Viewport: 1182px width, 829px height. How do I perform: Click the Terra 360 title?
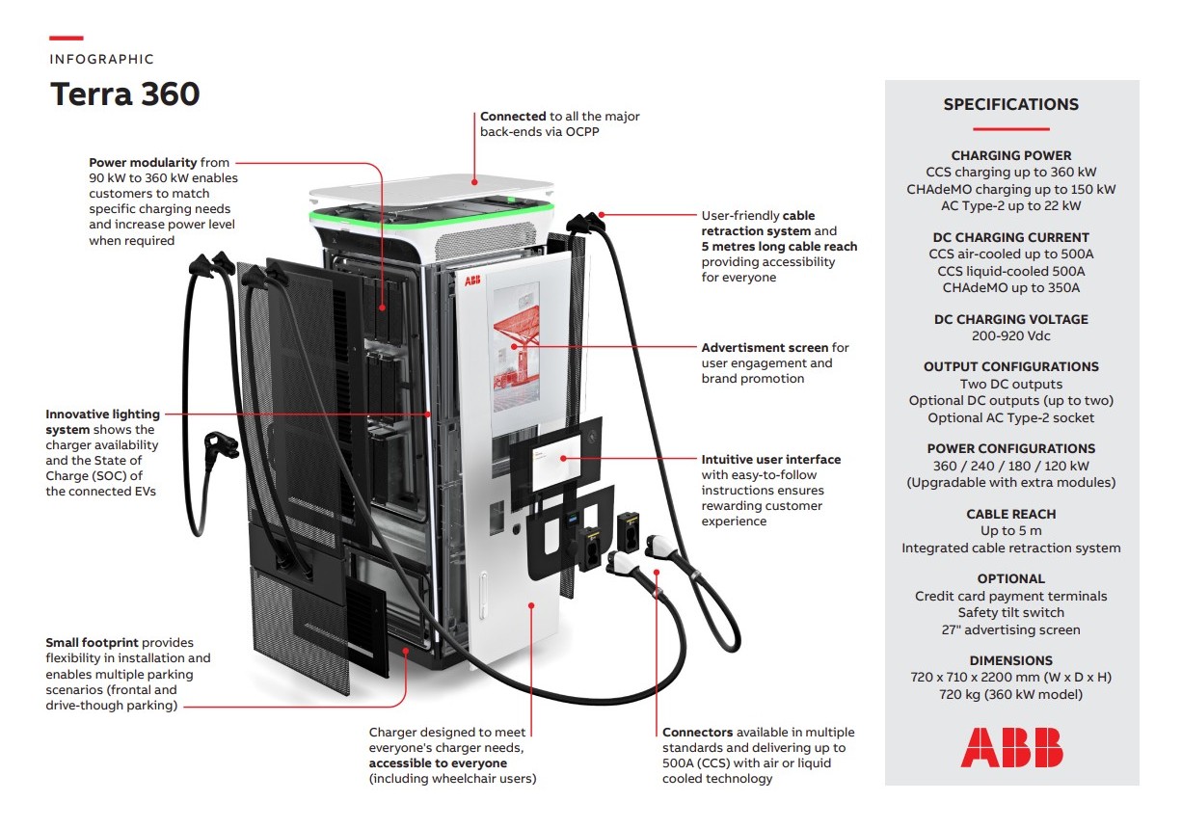click(x=124, y=94)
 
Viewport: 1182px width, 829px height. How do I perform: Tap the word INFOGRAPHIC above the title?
click(x=101, y=59)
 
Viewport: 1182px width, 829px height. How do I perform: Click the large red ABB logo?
click(x=1011, y=747)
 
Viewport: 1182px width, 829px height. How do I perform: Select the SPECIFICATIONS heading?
click(x=1010, y=105)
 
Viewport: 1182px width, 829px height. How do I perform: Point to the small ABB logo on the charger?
click(x=472, y=281)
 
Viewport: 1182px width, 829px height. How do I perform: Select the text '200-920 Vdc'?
click(x=1010, y=336)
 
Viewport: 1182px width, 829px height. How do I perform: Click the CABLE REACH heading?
click(x=1010, y=514)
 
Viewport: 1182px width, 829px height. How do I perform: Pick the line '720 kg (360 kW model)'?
click(x=1010, y=694)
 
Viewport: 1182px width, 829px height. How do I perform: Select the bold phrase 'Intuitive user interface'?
click(x=770, y=460)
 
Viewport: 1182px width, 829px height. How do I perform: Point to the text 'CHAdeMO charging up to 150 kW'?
click(x=1010, y=189)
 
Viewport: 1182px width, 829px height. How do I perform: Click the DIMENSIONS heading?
click(x=1010, y=660)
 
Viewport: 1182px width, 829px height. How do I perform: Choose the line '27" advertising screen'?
click(x=1010, y=629)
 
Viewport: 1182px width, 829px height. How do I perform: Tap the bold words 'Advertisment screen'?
click(x=765, y=347)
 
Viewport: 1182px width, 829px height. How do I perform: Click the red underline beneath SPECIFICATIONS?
click(x=1010, y=129)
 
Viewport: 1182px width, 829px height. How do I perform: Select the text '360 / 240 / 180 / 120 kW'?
click(x=1010, y=466)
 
